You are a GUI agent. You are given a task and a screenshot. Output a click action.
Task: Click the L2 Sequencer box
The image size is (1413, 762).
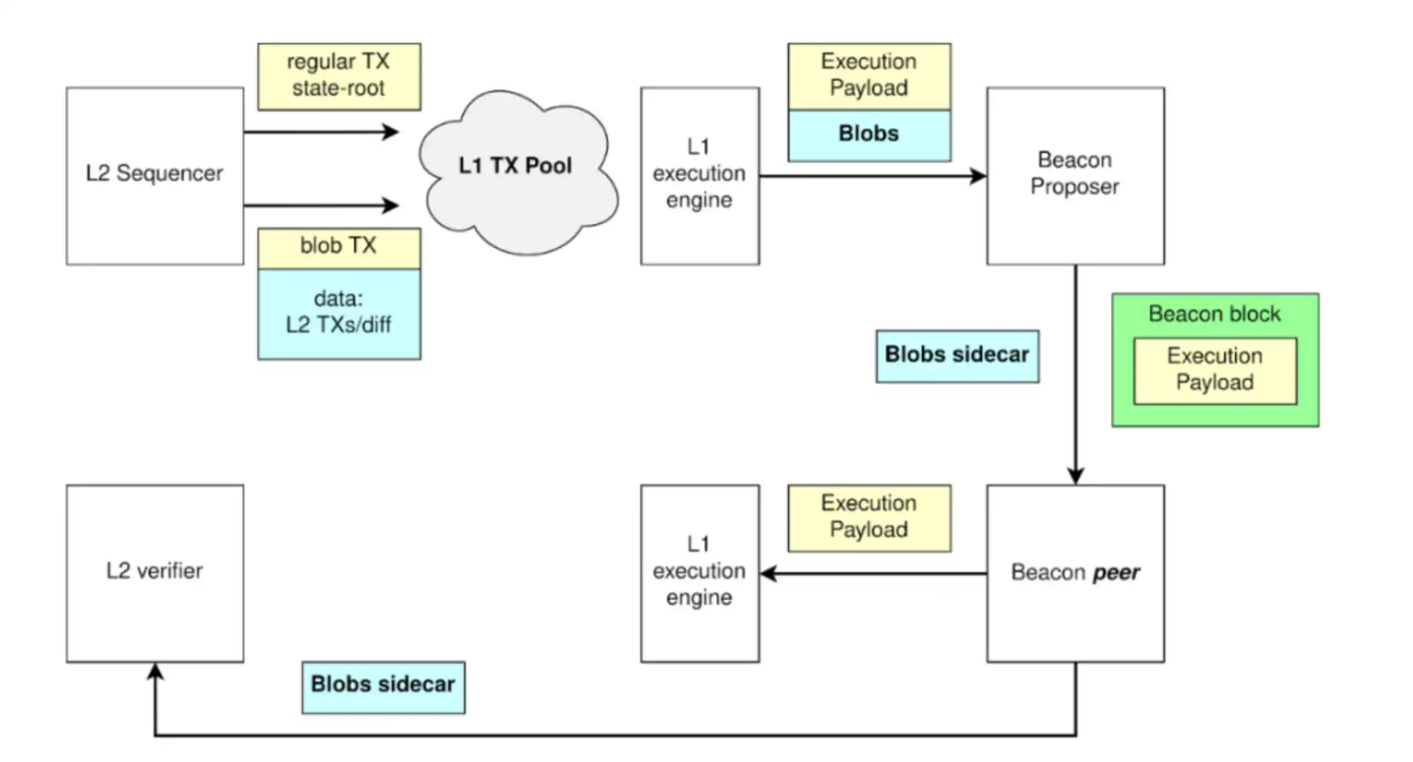tap(155, 176)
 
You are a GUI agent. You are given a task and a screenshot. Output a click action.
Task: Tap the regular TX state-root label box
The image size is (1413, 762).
tap(339, 76)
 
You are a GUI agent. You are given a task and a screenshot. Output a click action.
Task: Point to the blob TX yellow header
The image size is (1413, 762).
tap(339, 247)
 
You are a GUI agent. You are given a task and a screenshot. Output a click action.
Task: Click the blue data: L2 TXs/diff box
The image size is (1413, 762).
tap(339, 314)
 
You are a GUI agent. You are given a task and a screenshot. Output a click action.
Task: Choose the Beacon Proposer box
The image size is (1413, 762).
tap(1075, 176)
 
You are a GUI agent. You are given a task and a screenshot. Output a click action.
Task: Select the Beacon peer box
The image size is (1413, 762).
tap(1075, 573)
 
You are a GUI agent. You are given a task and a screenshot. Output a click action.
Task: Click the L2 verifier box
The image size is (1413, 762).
tap(155, 573)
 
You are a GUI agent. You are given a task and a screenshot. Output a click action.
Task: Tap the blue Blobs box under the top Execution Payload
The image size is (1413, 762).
tap(869, 135)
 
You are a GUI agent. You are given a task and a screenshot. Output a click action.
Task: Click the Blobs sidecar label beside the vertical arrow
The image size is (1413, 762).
tap(957, 356)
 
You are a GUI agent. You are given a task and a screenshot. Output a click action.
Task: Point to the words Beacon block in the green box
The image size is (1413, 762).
tap(1214, 314)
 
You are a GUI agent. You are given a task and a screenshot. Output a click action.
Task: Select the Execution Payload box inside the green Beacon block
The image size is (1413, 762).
tap(1215, 371)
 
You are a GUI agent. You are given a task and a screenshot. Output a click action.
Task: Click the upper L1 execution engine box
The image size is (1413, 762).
tap(699, 176)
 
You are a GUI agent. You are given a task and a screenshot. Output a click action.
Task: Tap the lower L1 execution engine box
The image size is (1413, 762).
tap(699, 573)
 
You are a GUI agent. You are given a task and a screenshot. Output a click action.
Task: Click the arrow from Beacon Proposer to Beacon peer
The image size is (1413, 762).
tap(1075, 374)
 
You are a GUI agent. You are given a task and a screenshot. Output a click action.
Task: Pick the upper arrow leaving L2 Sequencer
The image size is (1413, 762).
tap(321, 132)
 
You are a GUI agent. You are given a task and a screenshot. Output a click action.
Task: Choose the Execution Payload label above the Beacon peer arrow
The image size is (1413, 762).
tap(869, 518)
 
